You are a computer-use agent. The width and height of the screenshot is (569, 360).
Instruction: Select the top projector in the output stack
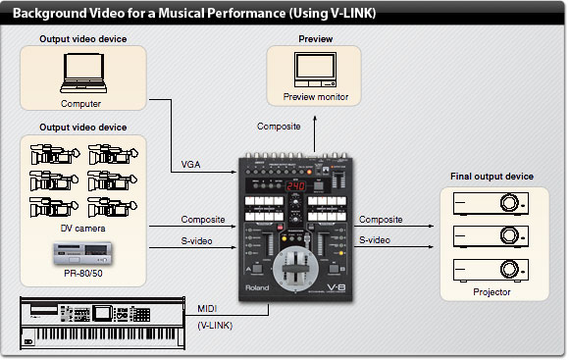488,203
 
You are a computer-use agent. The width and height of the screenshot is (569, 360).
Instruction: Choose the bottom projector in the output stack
488,268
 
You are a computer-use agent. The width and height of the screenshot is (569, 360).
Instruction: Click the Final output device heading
491,177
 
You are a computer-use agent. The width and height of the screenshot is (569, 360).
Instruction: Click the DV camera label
82,228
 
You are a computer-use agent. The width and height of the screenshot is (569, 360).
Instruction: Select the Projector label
491,291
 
